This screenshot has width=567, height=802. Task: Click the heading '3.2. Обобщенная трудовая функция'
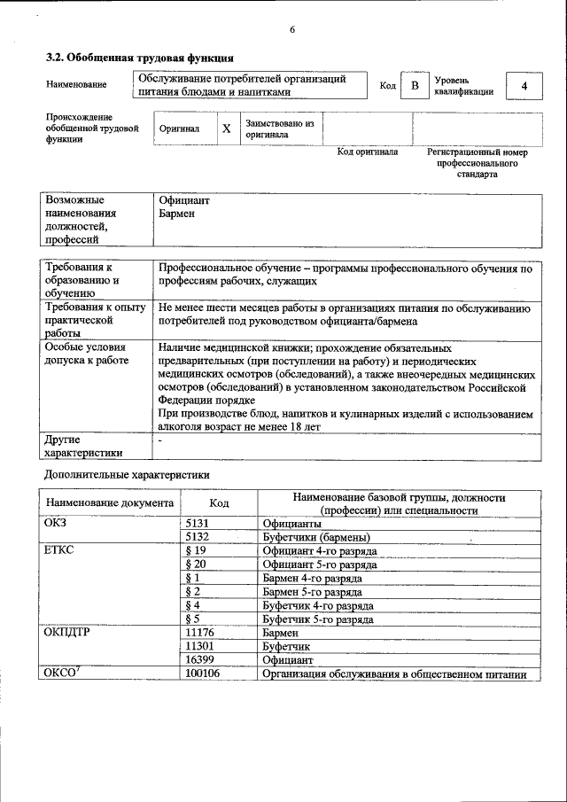pos(139,58)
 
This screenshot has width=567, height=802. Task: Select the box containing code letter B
pos(414,85)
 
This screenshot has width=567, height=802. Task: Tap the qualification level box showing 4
pos(524,86)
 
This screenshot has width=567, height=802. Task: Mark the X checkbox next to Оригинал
pos(226,128)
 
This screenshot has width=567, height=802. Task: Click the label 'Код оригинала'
pos(368,152)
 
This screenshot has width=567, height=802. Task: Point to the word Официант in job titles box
pos(183,200)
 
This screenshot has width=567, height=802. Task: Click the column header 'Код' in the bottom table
pos(219,502)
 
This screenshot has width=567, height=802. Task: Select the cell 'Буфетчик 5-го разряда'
pos(317,619)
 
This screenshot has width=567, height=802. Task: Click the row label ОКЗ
pos(56,524)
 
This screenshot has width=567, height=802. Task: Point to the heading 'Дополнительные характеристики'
pos(126,474)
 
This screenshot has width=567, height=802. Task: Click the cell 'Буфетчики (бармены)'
pos(315,537)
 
